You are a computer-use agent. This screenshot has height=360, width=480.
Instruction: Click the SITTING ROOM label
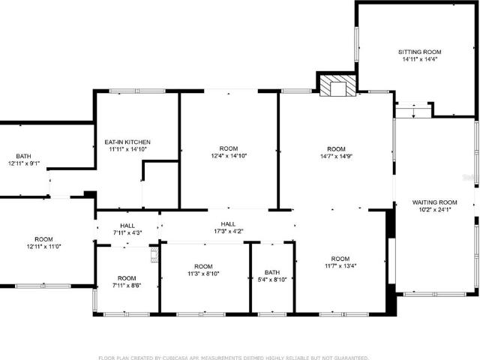click(x=420, y=52)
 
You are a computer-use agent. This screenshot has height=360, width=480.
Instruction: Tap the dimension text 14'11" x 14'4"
click(x=420, y=59)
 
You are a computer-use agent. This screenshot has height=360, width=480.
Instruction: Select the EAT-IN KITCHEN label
click(x=127, y=142)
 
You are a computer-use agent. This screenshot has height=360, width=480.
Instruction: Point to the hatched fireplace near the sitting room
click(x=338, y=85)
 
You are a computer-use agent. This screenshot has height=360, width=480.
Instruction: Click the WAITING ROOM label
click(x=435, y=202)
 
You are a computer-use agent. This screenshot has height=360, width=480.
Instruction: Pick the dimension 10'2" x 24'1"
click(x=435, y=210)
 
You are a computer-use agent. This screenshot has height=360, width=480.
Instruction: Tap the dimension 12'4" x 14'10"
click(x=229, y=156)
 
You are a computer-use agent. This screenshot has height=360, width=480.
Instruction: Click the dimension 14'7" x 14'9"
click(x=337, y=156)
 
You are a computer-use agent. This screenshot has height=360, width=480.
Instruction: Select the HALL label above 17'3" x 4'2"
click(x=228, y=224)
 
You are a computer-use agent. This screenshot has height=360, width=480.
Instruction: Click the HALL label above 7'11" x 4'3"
click(x=127, y=226)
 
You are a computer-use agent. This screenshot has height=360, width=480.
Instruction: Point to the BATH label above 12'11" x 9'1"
click(x=23, y=156)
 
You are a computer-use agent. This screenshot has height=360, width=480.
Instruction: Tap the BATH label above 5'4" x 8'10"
click(x=272, y=272)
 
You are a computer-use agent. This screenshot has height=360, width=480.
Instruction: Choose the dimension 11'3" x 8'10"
click(x=203, y=273)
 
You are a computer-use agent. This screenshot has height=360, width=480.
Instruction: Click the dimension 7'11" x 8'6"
click(x=127, y=286)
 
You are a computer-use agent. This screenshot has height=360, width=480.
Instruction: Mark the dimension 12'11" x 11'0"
click(x=43, y=247)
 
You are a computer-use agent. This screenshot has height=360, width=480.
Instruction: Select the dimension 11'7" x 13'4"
click(x=340, y=265)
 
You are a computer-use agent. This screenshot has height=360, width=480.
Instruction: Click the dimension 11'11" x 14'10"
click(x=127, y=149)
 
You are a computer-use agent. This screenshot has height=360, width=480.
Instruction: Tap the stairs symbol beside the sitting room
click(x=413, y=110)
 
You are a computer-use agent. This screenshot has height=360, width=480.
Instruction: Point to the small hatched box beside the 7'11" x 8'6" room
click(x=155, y=255)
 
